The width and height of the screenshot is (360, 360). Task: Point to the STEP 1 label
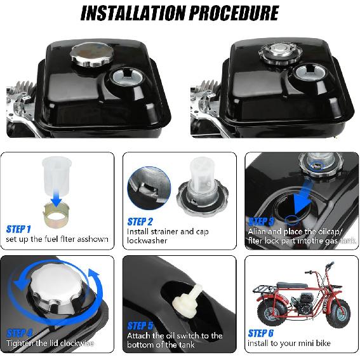(18, 229)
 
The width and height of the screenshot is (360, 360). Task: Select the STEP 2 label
(140, 222)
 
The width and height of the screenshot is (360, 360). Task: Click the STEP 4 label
(20, 333)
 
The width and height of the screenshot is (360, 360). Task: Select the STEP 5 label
(140, 325)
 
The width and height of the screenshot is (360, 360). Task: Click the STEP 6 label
(260, 333)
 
